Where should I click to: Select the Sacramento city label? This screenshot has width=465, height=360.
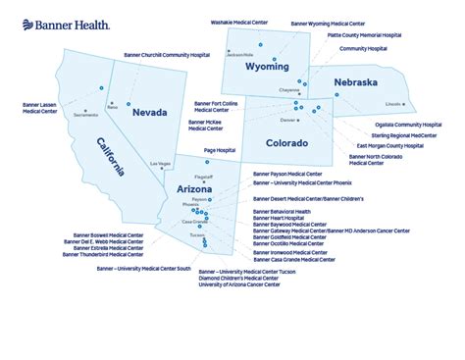pyautogui.click(x=85, y=115)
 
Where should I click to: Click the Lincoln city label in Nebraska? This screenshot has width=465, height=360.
pyautogui.click(x=393, y=103)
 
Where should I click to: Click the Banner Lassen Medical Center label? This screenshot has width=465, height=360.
pyautogui.click(x=39, y=107)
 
